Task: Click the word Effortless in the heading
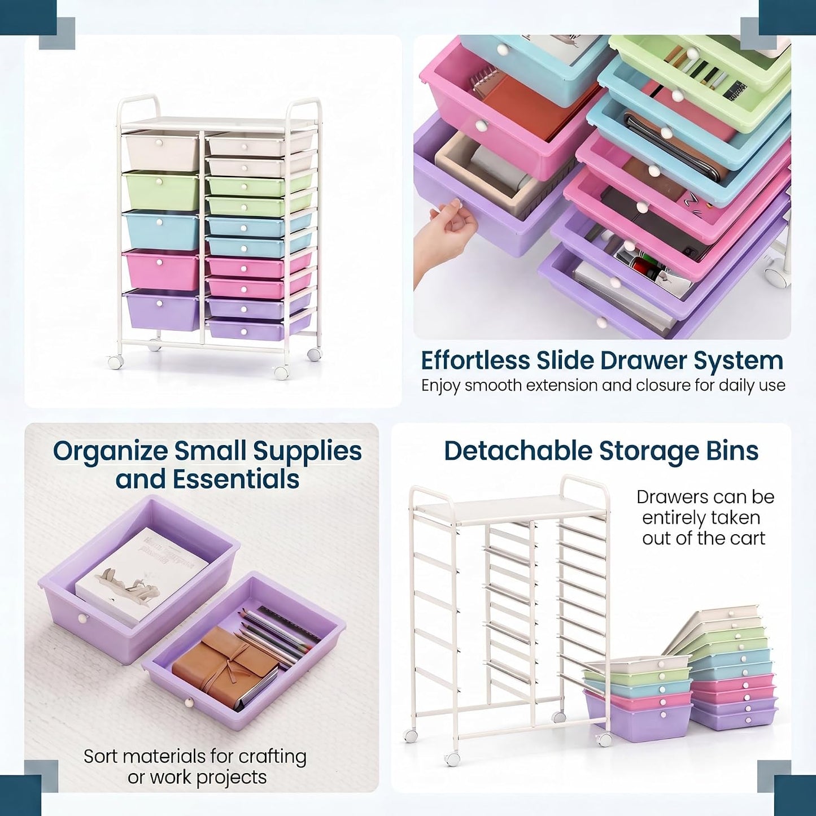[x=475, y=361]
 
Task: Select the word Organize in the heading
[x=111, y=452]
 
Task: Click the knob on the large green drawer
[x=160, y=182]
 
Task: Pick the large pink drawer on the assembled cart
[x=162, y=270]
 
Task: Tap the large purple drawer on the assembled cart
[x=162, y=310]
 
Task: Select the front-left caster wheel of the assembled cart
[x=115, y=361]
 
